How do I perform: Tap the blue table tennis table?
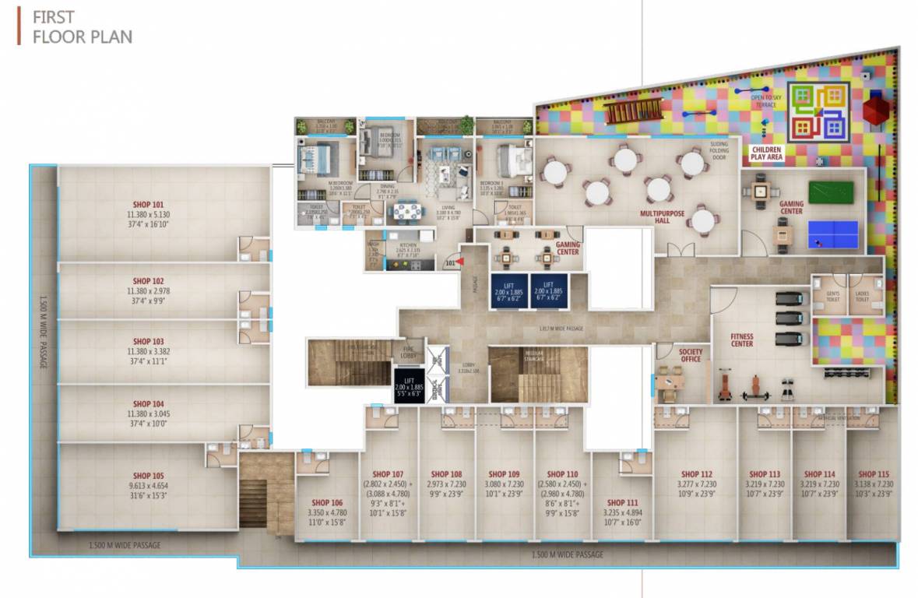pyautogui.click(x=833, y=230)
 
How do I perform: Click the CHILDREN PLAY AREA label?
pyautogui.click(x=768, y=153)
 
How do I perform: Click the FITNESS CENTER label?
pyautogui.click(x=741, y=339)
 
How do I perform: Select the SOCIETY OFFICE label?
pyautogui.click(x=690, y=354)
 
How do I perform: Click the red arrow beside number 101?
pyautogui.click(x=460, y=262)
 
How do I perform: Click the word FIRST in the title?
pyautogui.click(x=53, y=17)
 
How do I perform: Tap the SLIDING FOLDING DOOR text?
pyautogui.click(x=718, y=149)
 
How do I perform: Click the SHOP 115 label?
pyautogui.click(x=874, y=473)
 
